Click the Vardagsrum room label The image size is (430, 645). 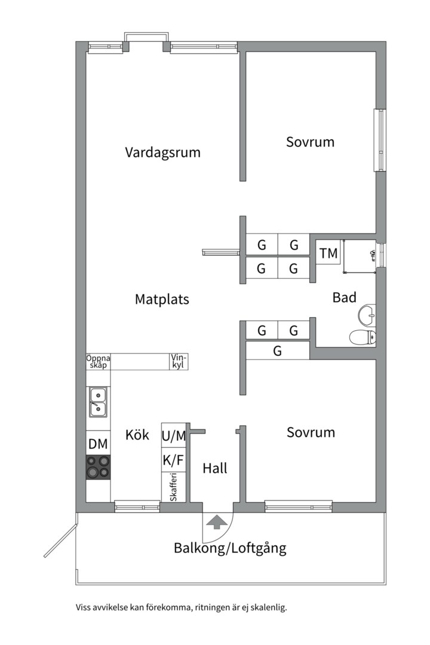pyautogui.click(x=162, y=152)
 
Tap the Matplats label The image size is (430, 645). pyautogui.click(x=162, y=299)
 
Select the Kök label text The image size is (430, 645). pyautogui.click(x=137, y=435)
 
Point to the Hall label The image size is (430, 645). pyautogui.click(x=214, y=469)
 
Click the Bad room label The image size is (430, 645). pyautogui.click(x=344, y=297)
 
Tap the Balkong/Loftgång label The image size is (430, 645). pyautogui.click(x=230, y=548)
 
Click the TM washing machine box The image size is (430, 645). pyautogui.click(x=328, y=253)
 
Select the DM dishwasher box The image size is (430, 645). pyautogui.click(x=99, y=444)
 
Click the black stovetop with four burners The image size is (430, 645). pyautogui.click(x=99, y=467)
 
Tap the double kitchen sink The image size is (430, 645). pyautogui.click(x=98, y=401)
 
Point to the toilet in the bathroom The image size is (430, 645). pyautogui.click(x=363, y=337)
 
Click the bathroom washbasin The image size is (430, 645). pyautogui.click(x=367, y=313)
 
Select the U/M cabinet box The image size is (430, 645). pyautogui.click(x=174, y=436)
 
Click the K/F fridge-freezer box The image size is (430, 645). pyautogui.click(x=174, y=460)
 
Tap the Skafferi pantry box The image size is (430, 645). pyautogui.click(x=174, y=487)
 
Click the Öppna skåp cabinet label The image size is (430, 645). pyautogui.click(x=99, y=361)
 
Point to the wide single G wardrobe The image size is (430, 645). pyautogui.click(x=278, y=351)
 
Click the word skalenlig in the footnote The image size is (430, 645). pyautogui.click(x=266, y=608)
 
